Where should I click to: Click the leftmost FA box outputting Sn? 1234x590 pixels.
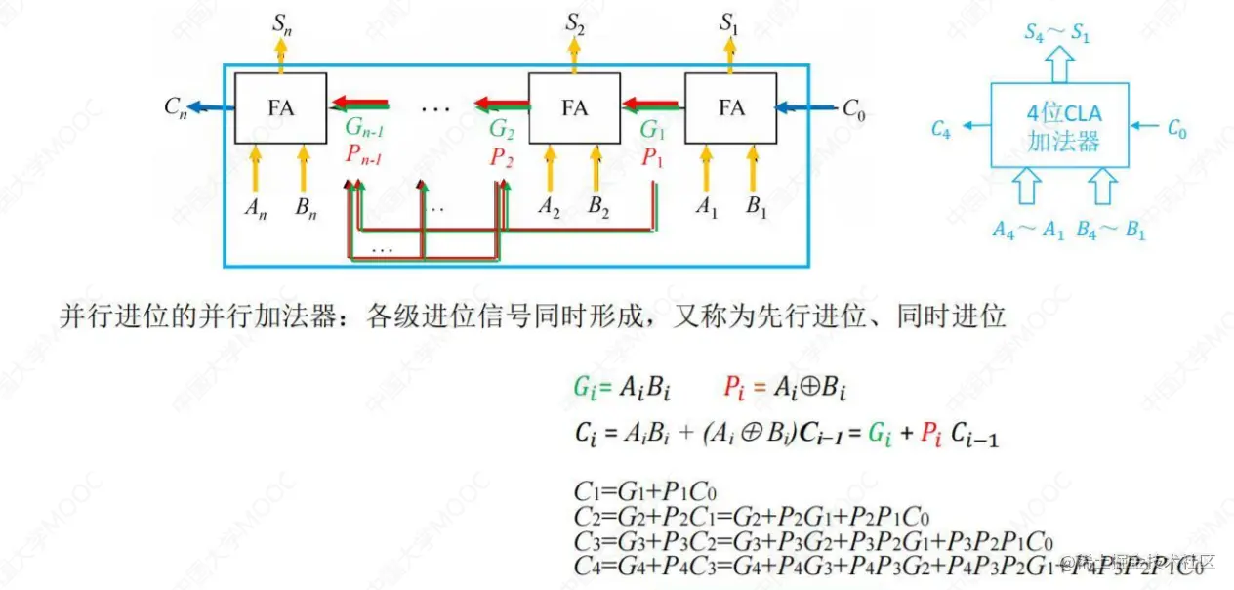coord(280,108)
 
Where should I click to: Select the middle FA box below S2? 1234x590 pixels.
coord(574,108)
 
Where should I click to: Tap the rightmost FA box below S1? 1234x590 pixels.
coord(730,108)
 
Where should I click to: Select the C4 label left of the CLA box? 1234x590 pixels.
coord(940,128)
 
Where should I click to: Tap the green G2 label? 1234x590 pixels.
coord(502,130)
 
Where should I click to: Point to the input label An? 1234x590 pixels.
coord(255,210)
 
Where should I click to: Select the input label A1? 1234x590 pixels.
coord(706,207)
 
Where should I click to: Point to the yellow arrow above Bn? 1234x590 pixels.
coord(303,168)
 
